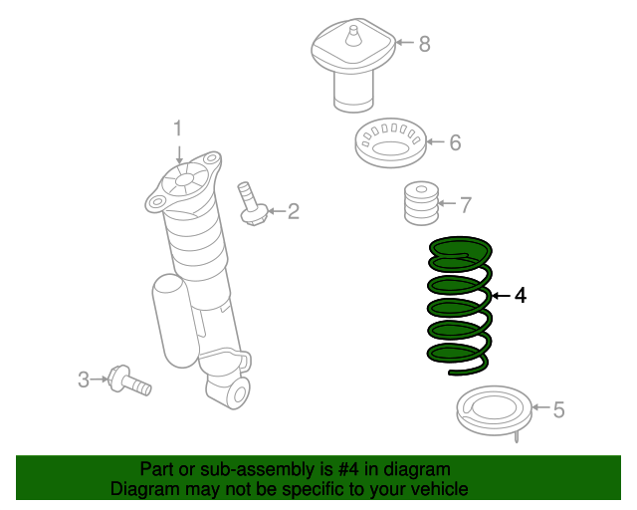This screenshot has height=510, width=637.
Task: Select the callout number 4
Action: tap(521, 296)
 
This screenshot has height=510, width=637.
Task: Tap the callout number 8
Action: tap(424, 43)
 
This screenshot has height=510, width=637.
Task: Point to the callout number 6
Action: tap(455, 142)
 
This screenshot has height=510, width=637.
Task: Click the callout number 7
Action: tap(465, 205)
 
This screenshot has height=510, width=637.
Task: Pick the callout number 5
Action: tap(558, 408)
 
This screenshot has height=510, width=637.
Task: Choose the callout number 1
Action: tap(179, 128)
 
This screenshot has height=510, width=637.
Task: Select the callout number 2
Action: tap(293, 210)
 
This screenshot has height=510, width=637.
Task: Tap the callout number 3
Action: tap(84, 379)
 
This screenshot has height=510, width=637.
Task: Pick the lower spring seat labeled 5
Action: tap(490, 410)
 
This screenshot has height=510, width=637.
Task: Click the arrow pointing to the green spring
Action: tap(500, 296)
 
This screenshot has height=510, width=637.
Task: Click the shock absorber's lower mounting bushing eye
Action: tap(237, 393)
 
